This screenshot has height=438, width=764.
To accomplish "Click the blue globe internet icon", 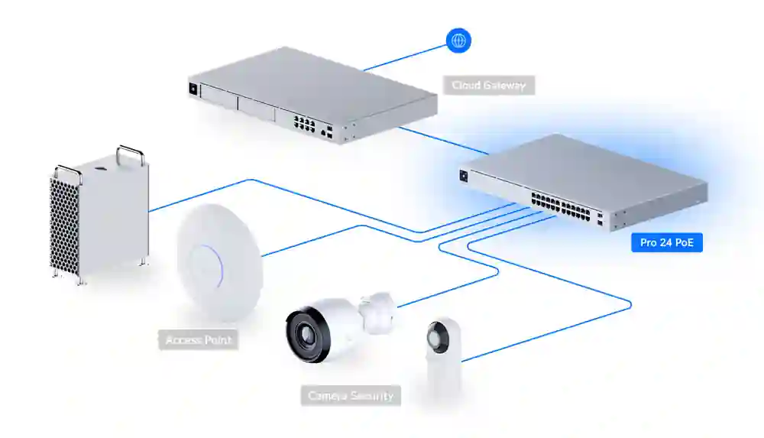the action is click(x=458, y=41).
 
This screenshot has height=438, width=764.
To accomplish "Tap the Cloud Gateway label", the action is click(x=489, y=86).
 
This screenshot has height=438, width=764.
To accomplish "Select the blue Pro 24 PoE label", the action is click(x=666, y=242).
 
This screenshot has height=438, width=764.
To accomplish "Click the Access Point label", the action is click(x=199, y=340).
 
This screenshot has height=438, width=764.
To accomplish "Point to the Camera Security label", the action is click(x=351, y=395).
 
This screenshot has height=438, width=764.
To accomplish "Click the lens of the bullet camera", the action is click(x=306, y=336).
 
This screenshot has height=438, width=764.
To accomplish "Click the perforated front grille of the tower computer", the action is click(x=64, y=227).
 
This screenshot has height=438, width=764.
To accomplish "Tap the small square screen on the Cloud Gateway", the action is click(x=193, y=89).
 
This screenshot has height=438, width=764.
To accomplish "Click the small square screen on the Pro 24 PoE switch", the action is click(x=464, y=176).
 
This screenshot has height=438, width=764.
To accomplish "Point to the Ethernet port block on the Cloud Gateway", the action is click(x=304, y=123).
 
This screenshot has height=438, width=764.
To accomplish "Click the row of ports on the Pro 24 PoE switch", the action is click(x=560, y=206).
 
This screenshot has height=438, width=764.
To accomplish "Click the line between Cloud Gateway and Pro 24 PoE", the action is click(x=443, y=141).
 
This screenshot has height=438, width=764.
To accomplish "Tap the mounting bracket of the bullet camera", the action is click(x=376, y=313).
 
